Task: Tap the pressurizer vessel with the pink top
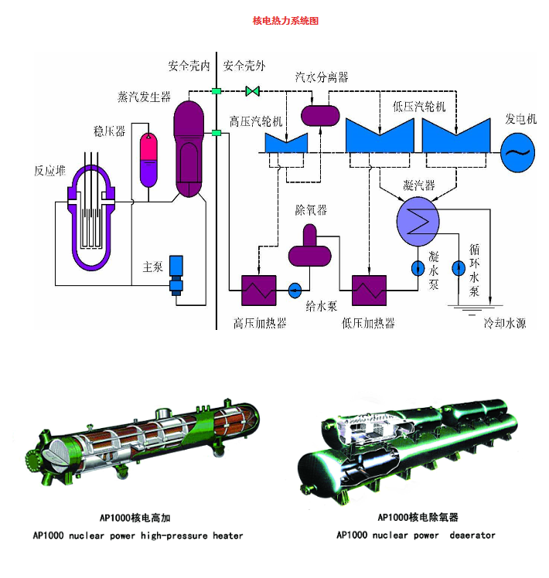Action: tap(148, 158)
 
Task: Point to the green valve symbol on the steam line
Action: tap(252, 91)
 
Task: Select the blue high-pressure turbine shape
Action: tap(286, 142)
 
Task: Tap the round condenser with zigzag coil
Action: tap(418, 219)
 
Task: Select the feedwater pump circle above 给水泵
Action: tap(295, 291)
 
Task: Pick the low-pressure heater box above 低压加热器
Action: tap(369, 291)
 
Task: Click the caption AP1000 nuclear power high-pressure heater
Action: tap(138, 535)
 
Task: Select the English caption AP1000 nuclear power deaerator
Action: tap(415, 535)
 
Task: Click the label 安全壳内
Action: tap(189, 66)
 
